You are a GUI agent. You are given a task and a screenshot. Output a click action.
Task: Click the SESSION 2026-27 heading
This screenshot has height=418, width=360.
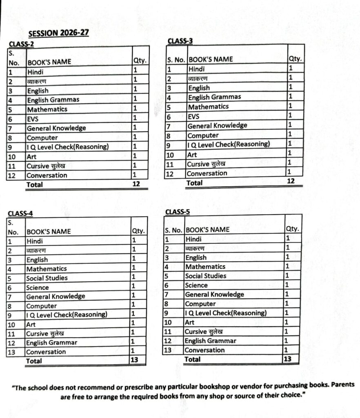[x=59, y=33]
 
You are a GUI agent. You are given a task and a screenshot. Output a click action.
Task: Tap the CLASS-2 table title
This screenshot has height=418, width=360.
[x=20, y=44]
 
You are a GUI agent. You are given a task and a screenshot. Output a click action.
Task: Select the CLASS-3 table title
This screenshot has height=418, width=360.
[x=180, y=41]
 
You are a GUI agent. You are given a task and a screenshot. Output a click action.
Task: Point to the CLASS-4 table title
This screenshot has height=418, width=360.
[x=20, y=213]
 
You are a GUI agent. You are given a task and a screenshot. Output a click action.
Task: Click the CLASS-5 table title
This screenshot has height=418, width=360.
[x=178, y=211]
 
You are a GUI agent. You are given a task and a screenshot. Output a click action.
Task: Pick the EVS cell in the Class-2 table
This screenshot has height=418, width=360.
[x=33, y=119]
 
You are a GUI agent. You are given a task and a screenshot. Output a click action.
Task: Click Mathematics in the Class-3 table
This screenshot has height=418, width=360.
[x=208, y=107]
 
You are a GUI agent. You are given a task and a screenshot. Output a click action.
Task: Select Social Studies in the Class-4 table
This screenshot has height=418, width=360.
[x=47, y=278]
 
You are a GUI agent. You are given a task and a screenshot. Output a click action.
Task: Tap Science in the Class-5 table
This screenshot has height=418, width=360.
[x=196, y=285]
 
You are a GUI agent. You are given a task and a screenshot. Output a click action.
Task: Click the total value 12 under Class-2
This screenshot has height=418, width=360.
[x=136, y=184]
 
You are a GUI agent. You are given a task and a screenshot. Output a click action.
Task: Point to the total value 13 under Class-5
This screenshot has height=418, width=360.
[x=287, y=359]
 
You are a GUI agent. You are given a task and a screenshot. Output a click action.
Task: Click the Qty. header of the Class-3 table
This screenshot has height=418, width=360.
[x=295, y=59]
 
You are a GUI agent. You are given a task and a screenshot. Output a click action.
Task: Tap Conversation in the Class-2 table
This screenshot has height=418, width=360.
[x=47, y=175]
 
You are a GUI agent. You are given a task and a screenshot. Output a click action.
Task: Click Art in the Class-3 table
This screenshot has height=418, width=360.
[x=192, y=155]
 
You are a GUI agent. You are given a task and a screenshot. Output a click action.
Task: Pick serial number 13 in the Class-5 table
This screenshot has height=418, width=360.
[x=167, y=350]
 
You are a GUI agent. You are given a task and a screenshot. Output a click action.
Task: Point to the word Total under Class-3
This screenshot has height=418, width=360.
[x=194, y=182]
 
